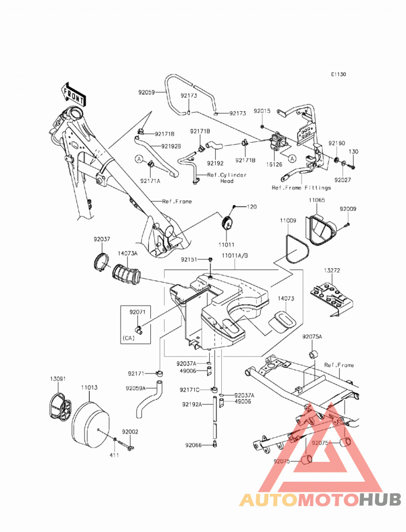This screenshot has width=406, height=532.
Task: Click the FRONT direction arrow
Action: pos(73,93)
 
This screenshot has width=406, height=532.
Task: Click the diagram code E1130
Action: pos(339,74)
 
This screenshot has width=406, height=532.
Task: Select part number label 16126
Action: pos(274,165)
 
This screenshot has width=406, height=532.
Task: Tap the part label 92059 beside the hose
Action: pos(146,92)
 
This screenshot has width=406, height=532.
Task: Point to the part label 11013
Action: pos(89,388)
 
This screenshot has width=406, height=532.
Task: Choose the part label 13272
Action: pos(331,270)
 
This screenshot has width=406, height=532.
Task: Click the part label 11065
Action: pos(317,200)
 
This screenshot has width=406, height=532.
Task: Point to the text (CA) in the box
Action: pos(128,338)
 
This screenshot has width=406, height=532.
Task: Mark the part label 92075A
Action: pos(312,336)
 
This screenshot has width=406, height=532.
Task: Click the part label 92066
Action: pos(193,445)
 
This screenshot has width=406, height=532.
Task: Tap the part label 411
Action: pos(114,455)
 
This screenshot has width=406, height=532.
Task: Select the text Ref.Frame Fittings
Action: pos(301,187)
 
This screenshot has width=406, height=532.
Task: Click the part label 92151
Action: pos(189,260)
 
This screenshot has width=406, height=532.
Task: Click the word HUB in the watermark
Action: pos(380,499)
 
